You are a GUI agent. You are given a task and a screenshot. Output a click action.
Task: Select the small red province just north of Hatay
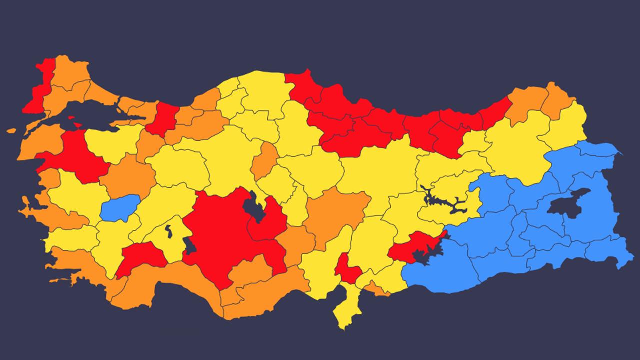(347, 270)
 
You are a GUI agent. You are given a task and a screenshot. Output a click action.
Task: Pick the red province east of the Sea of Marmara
(163, 120)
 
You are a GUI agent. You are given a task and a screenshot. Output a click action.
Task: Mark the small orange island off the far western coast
(11, 131)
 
